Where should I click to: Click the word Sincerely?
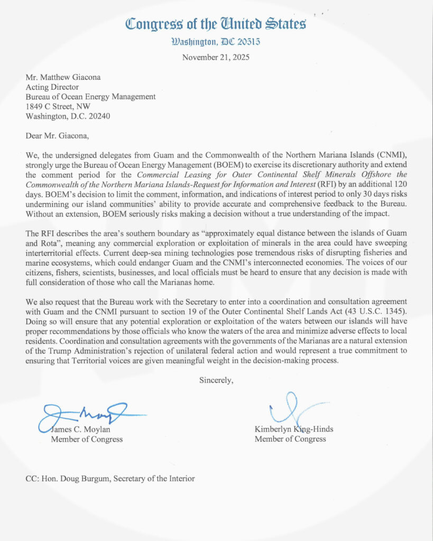(x=216, y=379)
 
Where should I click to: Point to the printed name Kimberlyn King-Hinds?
(x=294, y=430)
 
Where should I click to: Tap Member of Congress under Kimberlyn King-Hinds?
(x=290, y=439)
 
